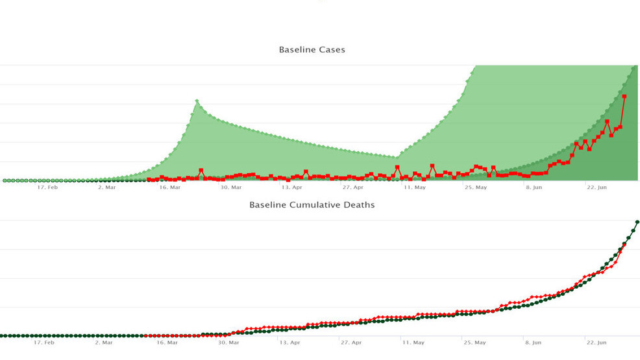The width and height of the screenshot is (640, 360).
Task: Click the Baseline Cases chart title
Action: (312, 49)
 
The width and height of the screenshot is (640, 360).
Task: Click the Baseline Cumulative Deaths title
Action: (312, 205)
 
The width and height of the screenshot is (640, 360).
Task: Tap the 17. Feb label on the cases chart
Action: (47, 187)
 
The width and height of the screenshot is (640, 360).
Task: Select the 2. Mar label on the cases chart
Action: (106, 187)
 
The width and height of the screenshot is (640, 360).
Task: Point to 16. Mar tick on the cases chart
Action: (169, 187)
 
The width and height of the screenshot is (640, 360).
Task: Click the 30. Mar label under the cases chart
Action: (230, 187)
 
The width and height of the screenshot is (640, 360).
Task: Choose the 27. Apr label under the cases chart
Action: (353, 187)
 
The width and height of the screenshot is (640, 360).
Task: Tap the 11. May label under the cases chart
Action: (415, 187)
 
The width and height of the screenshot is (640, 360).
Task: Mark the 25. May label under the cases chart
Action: (476, 187)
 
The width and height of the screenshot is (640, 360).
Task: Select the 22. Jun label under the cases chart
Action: (597, 187)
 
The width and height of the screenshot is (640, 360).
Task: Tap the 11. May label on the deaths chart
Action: (413, 342)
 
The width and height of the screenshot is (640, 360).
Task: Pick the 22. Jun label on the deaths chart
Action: (597, 342)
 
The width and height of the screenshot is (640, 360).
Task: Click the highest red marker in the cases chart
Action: (624, 96)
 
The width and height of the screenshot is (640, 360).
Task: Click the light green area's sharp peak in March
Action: (197, 101)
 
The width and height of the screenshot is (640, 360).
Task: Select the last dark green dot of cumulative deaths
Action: (637, 222)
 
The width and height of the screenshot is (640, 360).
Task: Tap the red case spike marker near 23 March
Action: (201, 171)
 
